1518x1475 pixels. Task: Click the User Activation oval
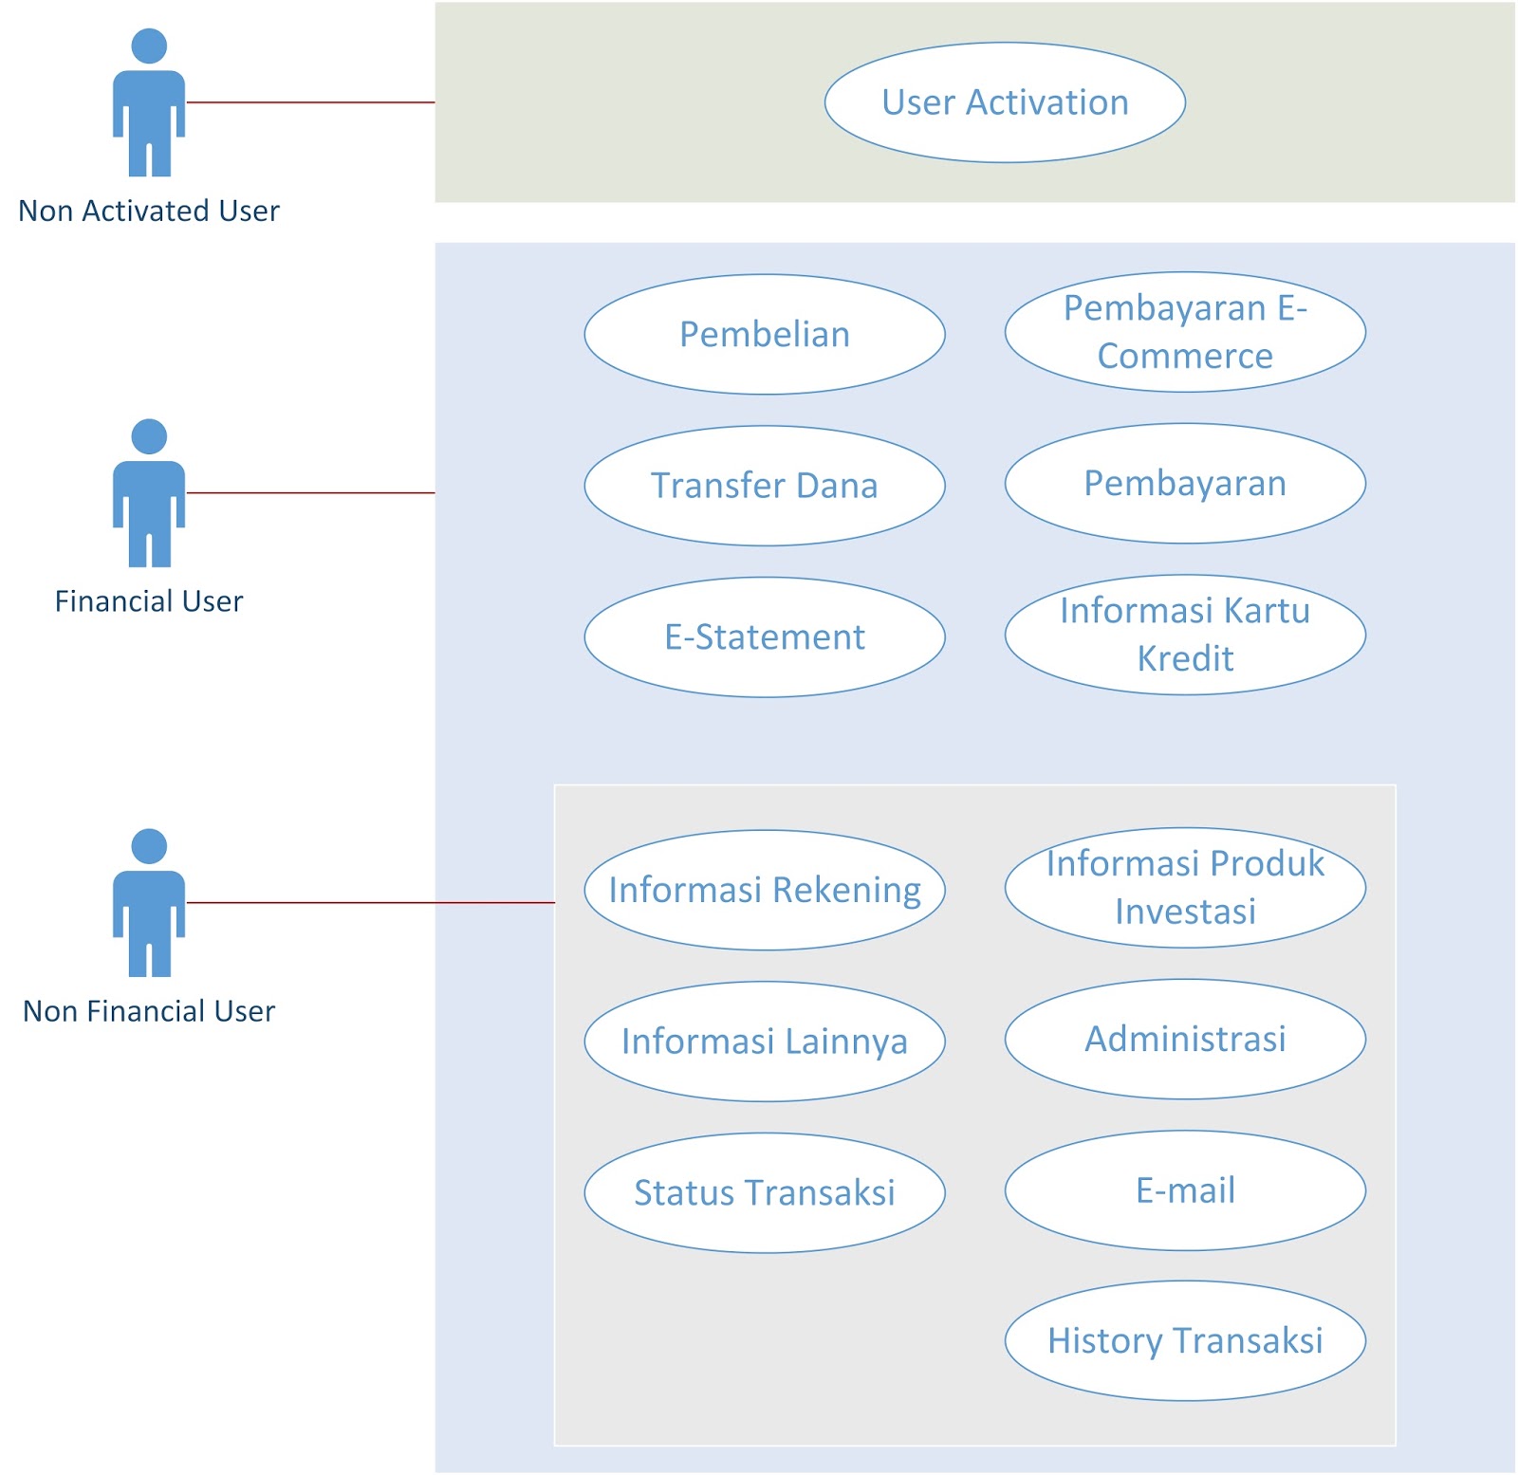click(1004, 102)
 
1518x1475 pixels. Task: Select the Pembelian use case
click(764, 334)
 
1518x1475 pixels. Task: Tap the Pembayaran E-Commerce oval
click(1184, 332)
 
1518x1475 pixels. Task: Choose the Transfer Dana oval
click(764, 486)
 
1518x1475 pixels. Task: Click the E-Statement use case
click(764, 636)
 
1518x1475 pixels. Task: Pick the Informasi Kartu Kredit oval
click(1184, 634)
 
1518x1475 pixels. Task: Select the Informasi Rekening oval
click(764, 890)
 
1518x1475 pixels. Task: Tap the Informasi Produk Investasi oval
click(1184, 887)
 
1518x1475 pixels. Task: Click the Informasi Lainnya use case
click(764, 1041)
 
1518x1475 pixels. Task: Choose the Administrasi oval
click(1184, 1039)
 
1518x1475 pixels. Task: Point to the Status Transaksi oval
click(764, 1192)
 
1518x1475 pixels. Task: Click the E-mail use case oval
click(1184, 1190)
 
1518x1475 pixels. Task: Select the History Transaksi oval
click(1184, 1340)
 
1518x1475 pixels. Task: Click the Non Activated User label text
click(149, 211)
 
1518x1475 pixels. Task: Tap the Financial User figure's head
click(149, 436)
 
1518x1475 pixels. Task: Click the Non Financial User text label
click(149, 1011)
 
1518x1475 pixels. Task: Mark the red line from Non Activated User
click(310, 101)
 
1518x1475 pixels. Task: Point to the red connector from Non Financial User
click(370, 902)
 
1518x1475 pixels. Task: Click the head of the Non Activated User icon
click(149, 46)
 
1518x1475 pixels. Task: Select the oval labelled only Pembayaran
click(1184, 484)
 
